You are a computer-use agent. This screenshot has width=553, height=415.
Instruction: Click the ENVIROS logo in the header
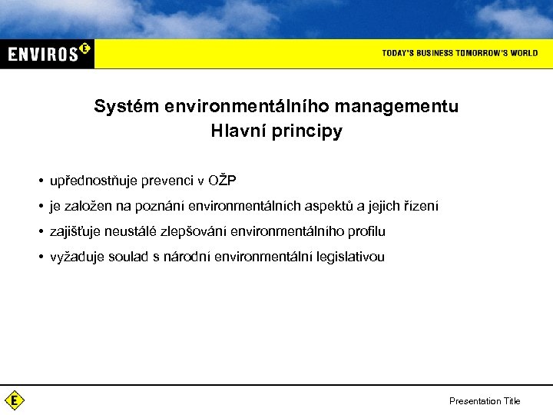point(48,54)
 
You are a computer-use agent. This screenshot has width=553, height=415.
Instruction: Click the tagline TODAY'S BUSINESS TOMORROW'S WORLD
point(459,53)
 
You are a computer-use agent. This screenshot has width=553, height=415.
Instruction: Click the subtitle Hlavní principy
point(276,131)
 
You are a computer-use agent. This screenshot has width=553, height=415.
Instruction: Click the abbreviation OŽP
point(223,181)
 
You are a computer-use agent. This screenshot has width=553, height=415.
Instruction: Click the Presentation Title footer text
point(485,400)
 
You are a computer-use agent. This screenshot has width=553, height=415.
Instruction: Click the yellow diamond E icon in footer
point(15,400)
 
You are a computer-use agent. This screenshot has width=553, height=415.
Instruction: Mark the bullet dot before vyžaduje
point(38,257)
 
